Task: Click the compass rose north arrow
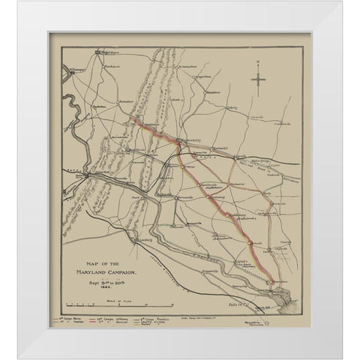point(258,76)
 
